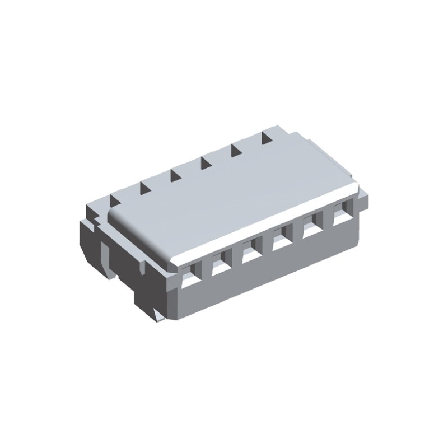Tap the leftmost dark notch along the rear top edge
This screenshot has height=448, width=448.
click(x=116, y=197)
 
